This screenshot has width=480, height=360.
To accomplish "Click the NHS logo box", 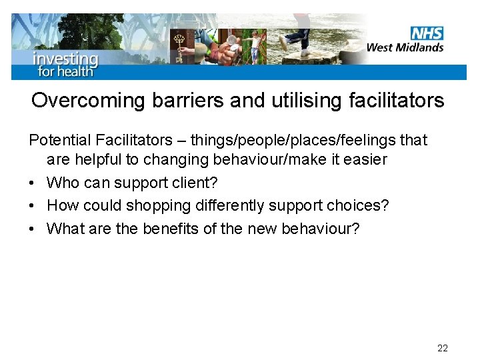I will (x=427, y=33).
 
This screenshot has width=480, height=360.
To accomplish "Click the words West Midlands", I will (x=405, y=47).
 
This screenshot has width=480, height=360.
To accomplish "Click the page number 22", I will (x=443, y=348).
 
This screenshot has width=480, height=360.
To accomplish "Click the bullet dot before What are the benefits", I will (x=33, y=229).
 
